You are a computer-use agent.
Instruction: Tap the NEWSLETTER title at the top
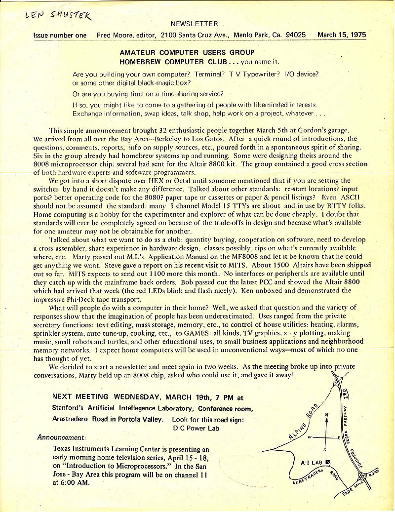point(194,24)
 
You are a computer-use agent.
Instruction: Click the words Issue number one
point(60,35)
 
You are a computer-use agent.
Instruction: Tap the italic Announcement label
point(61,437)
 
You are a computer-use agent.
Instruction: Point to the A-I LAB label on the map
point(312,463)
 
